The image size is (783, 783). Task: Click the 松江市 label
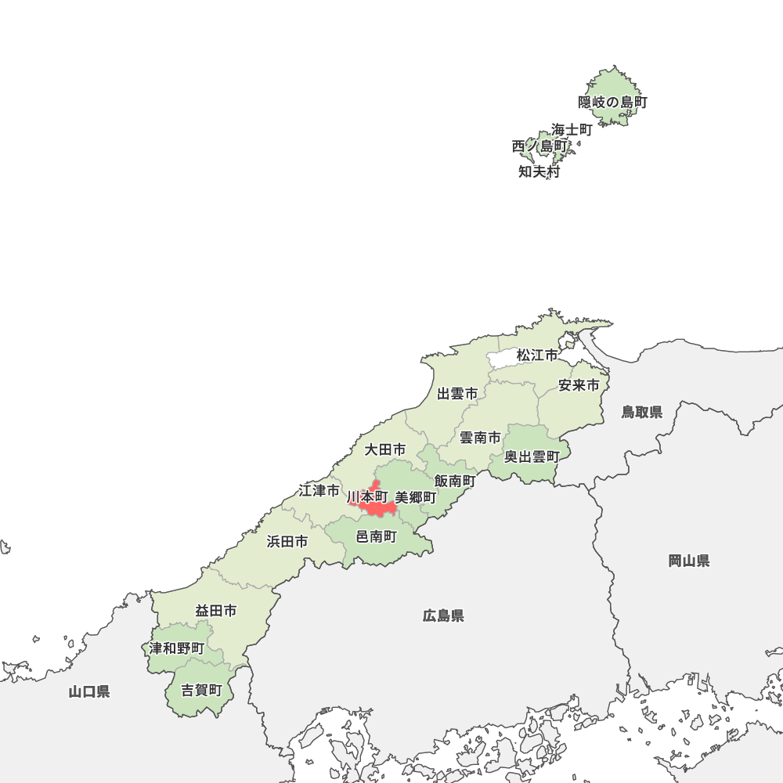[537, 356]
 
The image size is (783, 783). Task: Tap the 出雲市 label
[457, 394]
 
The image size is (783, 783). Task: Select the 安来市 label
[579, 386]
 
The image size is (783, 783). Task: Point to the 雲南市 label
[480, 438]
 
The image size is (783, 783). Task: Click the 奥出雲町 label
[532, 457]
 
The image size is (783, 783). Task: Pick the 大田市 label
[385, 450]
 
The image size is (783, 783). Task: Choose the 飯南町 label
[455, 481]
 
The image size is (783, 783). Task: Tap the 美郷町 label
[416, 498]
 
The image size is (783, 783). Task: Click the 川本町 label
[367, 497]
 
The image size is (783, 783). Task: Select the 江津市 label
[319, 492]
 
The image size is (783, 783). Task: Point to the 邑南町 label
[377, 537]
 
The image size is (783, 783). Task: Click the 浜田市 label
[287, 542]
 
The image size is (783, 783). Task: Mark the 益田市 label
[216, 612]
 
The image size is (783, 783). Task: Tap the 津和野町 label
[177, 649]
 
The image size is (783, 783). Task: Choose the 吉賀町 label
[202, 691]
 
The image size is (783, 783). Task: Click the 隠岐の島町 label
[613, 103]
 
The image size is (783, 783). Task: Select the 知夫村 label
[539, 173]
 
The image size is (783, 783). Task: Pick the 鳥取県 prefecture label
[642, 413]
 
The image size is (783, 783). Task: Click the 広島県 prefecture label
[443, 616]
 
